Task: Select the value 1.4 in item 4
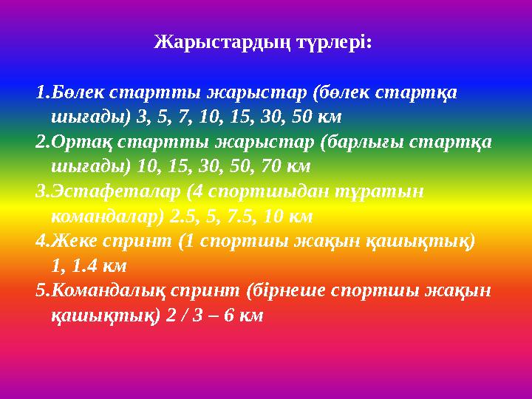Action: [x=85, y=266]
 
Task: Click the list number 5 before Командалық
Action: [x=41, y=291]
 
